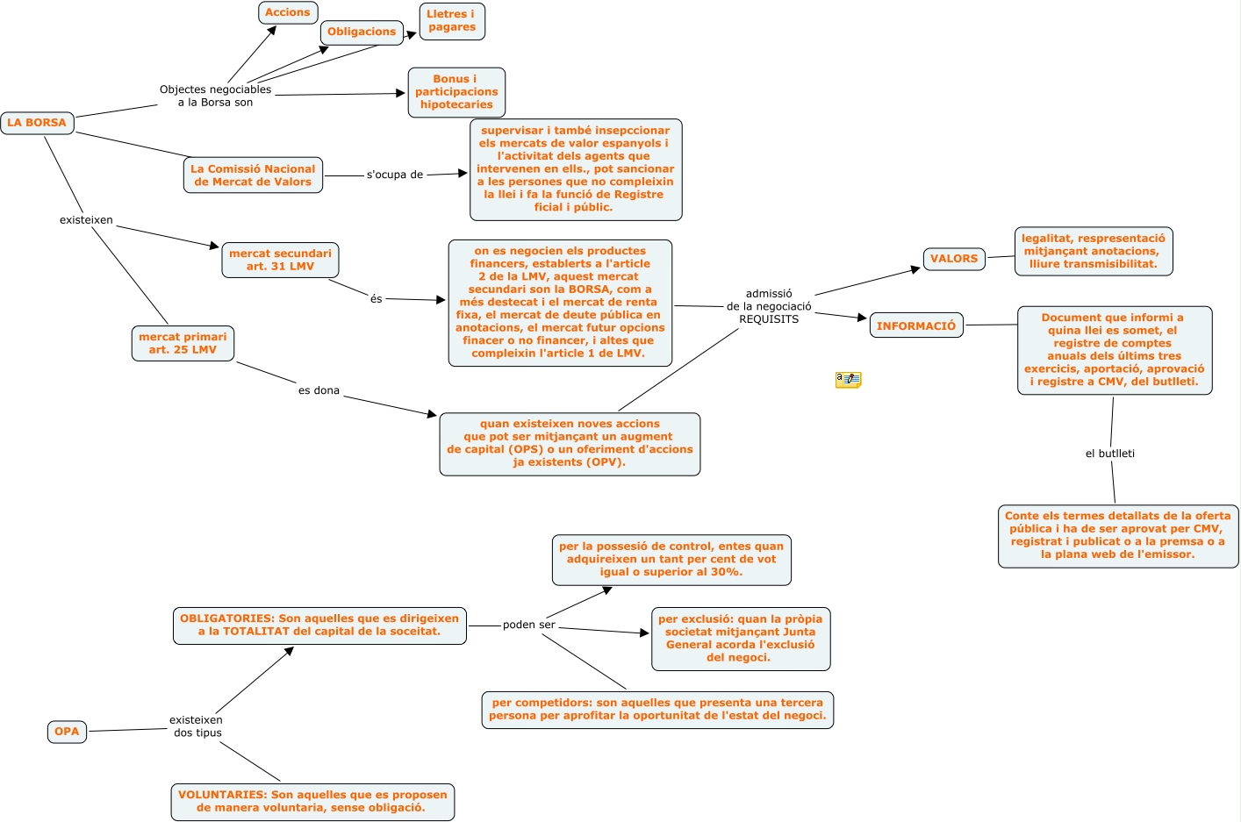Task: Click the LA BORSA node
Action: (x=37, y=123)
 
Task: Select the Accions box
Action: (x=288, y=12)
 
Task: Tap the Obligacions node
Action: (x=362, y=32)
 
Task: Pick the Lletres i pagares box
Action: (x=452, y=21)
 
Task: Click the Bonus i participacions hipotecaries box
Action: (x=456, y=92)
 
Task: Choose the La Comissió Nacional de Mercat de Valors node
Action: (x=253, y=175)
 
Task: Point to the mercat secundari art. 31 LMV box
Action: (x=280, y=260)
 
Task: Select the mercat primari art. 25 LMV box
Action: (x=183, y=343)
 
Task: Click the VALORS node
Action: (x=954, y=259)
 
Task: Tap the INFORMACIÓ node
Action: (x=916, y=325)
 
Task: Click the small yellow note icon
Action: (x=848, y=380)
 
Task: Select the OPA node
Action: (x=67, y=732)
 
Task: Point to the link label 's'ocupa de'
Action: (x=395, y=175)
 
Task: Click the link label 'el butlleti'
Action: (x=1110, y=454)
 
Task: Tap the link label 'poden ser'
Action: (x=529, y=625)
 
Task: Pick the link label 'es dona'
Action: (x=319, y=390)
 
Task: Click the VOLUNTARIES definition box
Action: (x=312, y=802)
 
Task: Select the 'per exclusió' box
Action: (x=741, y=639)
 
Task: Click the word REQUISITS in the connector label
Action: (x=769, y=319)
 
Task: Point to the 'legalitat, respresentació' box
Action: (x=1094, y=251)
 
